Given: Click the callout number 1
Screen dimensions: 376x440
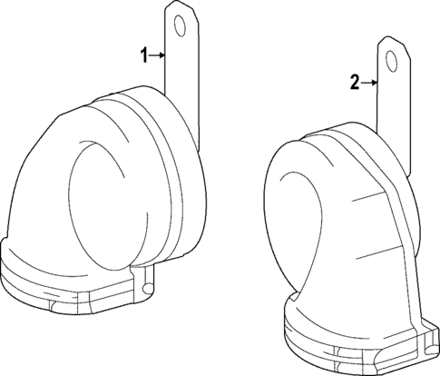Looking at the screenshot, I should pyautogui.click(x=142, y=56).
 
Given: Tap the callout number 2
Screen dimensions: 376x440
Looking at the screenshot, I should pyautogui.click(x=354, y=84).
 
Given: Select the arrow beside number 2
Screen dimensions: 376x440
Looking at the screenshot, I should pyautogui.click(x=369, y=84).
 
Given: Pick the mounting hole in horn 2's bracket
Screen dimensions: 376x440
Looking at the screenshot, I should pyautogui.click(x=392, y=63).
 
